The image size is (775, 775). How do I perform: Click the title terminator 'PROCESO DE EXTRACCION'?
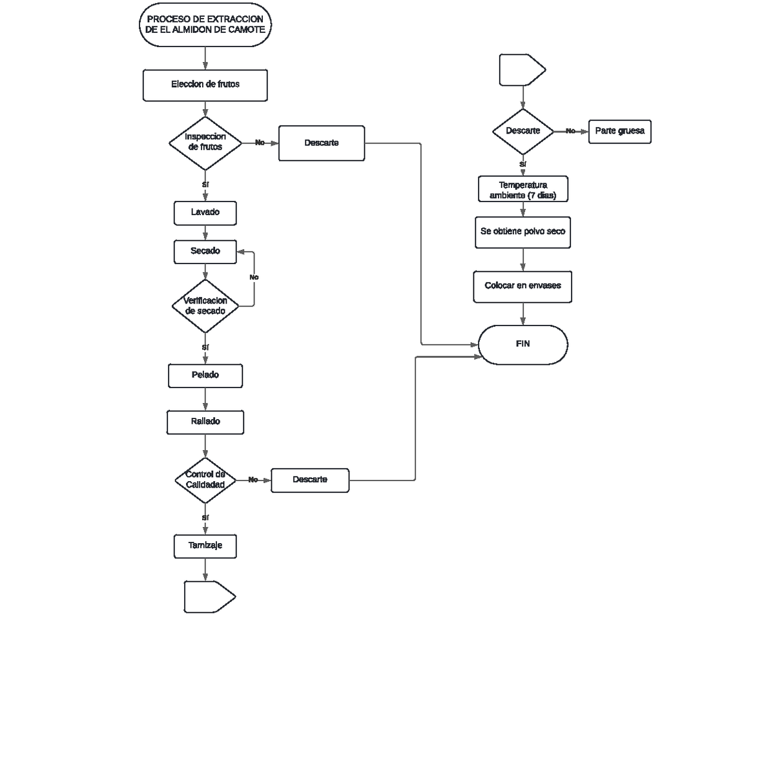click(205, 25)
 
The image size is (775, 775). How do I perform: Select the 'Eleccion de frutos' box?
click(205, 85)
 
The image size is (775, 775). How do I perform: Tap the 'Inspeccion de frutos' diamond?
click(205, 143)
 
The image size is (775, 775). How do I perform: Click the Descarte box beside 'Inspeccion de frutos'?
click(322, 143)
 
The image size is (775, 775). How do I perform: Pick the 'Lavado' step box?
click(205, 212)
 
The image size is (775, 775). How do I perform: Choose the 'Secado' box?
click(205, 251)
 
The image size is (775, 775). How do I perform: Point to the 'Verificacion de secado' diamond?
click(205, 306)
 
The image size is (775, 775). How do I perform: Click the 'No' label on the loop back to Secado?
click(254, 277)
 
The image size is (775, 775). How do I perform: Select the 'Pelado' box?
click(205, 375)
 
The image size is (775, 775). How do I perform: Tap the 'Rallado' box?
click(205, 422)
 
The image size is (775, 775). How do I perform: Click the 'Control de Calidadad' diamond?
click(205, 480)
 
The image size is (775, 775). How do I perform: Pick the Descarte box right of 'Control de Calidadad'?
click(310, 480)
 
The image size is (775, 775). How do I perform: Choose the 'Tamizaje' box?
click(205, 546)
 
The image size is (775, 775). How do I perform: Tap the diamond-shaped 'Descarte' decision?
click(523, 131)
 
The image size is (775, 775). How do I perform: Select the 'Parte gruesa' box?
click(619, 131)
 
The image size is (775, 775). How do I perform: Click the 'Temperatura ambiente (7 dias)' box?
click(523, 190)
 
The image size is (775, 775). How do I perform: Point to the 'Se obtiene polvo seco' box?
click(523, 232)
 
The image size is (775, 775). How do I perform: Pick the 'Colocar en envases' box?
click(523, 286)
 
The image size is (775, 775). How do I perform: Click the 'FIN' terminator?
click(523, 344)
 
